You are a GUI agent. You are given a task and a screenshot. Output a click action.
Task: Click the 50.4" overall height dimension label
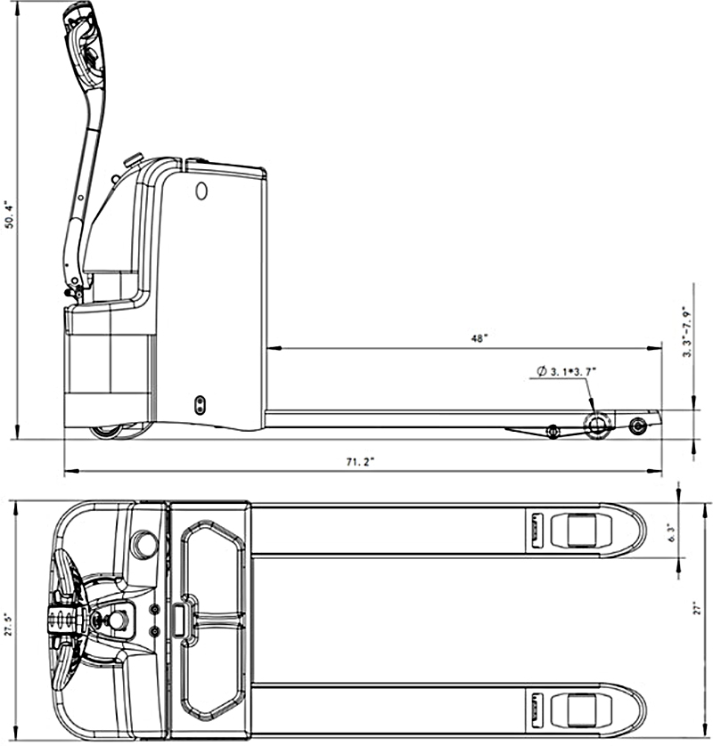click(x=9, y=215)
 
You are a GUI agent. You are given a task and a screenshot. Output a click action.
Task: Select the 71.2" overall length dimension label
click(x=360, y=461)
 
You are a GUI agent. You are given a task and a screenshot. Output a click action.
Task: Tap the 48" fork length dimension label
click(x=479, y=338)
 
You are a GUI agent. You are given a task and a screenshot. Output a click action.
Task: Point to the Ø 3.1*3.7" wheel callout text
click(x=567, y=371)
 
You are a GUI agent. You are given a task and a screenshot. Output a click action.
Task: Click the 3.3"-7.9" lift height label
click(x=687, y=331)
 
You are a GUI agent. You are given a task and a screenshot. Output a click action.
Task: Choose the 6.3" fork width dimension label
click(x=672, y=533)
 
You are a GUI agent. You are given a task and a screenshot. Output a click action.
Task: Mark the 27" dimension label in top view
click(x=698, y=609)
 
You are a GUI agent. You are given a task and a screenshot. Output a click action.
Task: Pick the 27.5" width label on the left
click(x=8, y=623)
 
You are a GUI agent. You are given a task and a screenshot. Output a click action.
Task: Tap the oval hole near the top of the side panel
click(x=202, y=191)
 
